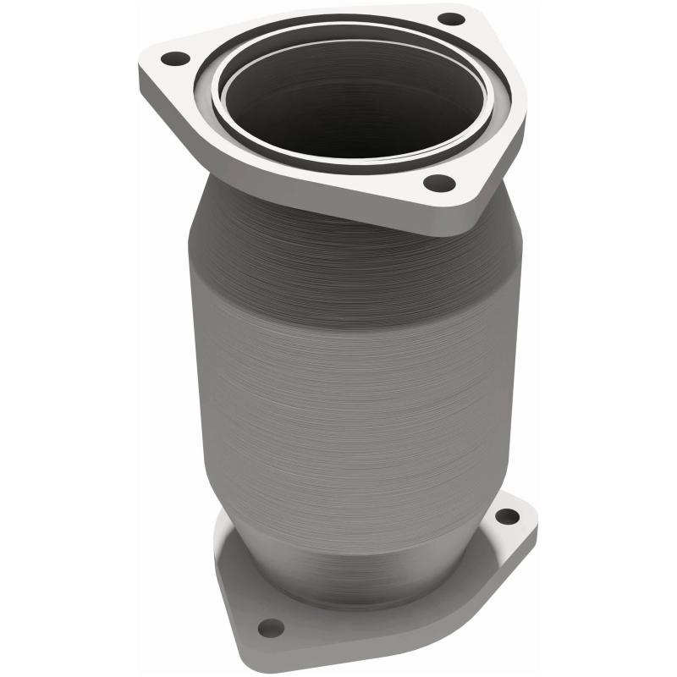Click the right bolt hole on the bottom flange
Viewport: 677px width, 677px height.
(506, 515)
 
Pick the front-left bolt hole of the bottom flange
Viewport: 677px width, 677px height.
(270, 627)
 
